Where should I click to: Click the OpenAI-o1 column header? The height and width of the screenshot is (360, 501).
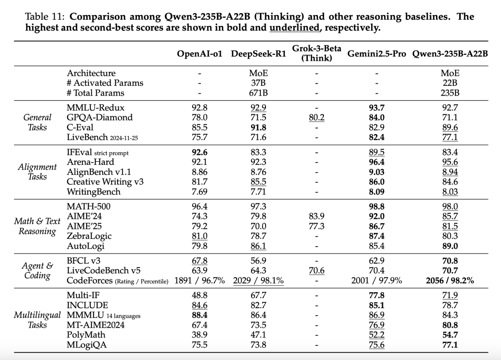[x=199, y=54]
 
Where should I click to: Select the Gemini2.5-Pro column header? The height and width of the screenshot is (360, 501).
[x=377, y=54]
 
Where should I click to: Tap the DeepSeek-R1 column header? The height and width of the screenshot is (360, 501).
[x=259, y=54]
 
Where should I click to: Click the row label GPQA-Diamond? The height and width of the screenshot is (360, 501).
[x=100, y=117]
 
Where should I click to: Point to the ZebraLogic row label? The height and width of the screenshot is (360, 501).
[x=89, y=236]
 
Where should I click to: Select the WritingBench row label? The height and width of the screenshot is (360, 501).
[x=94, y=192]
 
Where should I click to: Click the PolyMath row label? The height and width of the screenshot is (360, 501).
[x=86, y=335]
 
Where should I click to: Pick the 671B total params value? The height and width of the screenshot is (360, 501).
[x=258, y=93]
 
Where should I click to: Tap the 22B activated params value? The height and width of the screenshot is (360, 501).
[x=450, y=83]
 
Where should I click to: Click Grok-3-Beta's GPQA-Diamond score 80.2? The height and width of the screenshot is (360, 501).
[x=317, y=118]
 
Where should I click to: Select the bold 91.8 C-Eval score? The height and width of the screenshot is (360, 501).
[x=258, y=127]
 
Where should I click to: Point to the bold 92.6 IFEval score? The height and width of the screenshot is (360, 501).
[x=199, y=152]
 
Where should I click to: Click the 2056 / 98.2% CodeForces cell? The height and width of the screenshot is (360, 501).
[x=450, y=281]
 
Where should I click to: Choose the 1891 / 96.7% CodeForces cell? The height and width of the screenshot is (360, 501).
[x=199, y=281]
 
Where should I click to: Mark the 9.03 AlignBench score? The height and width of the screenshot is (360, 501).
[x=377, y=172]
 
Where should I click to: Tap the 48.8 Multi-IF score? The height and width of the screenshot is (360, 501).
[x=199, y=295]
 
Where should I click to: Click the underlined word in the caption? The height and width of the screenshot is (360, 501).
[x=295, y=28]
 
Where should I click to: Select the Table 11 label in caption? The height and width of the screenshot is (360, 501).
[x=45, y=17]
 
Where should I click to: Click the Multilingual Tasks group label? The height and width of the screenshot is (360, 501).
[x=37, y=320]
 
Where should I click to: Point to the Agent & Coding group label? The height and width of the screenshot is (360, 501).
[x=37, y=271]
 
